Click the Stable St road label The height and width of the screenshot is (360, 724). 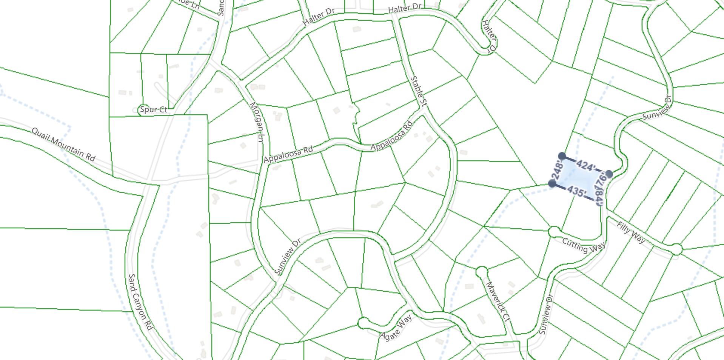tap(418, 91)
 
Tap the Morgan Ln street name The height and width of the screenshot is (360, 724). tap(256, 122)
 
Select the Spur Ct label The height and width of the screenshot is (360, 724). tap(153, 110)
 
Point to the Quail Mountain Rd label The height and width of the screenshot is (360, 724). tap(63, 144)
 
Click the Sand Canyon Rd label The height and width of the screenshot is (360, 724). tap(140, 302)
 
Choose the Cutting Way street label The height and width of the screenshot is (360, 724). tap(584, 245)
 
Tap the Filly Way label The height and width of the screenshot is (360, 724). tap(631, 232)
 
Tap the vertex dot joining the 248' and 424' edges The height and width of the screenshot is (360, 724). tap(562, 156)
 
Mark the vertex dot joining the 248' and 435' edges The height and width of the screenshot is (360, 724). tap(552, 184)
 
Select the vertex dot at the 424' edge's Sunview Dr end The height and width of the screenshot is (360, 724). tap(609, 174)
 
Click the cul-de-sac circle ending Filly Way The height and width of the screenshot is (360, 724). tap(676, 249)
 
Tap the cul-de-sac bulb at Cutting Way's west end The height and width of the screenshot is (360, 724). tap(554, 231)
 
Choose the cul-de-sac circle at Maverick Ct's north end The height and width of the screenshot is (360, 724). tap(481, 271)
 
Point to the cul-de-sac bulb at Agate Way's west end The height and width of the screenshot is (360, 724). tap(363, 323)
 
